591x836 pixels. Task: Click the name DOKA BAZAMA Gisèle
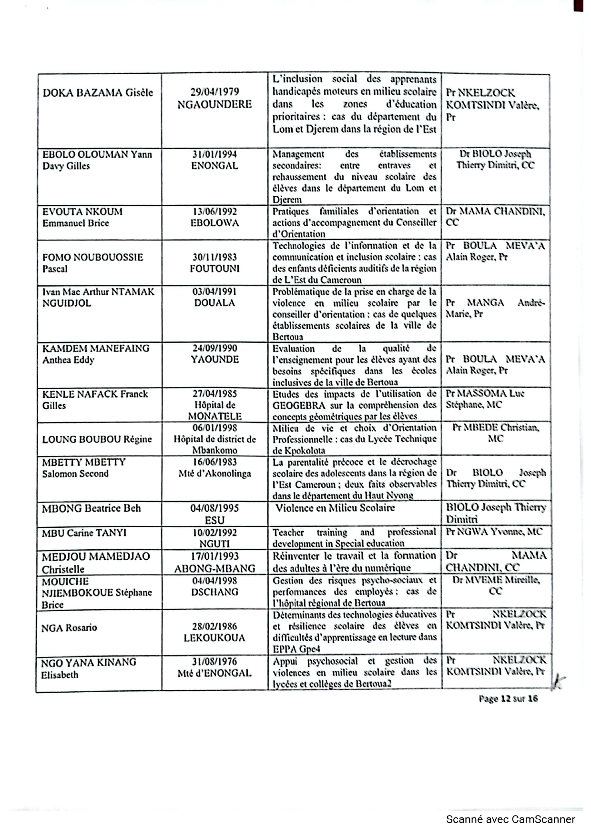click(98, 93)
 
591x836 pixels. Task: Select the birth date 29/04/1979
click(214, 92)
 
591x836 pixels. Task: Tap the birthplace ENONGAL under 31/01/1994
click(214, 166)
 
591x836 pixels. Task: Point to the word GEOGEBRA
click(299, 405)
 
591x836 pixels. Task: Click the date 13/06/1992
click(214, 212)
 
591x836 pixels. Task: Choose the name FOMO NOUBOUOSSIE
click(92, 257)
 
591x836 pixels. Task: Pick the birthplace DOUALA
click(214, 303)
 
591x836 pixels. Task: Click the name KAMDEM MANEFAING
click(96, 348)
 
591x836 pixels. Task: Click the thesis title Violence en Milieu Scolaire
click(335, 508)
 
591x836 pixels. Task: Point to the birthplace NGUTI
click(214, 544)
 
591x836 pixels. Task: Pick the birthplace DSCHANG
click(214, 592)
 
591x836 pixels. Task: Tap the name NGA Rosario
click(69, 628)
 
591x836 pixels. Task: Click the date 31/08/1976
click(214, 661)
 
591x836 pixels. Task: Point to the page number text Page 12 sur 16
click(508, 698)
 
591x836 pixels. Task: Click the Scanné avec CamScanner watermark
click(510, 819)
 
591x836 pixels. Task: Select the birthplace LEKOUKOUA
click(214, 638)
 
